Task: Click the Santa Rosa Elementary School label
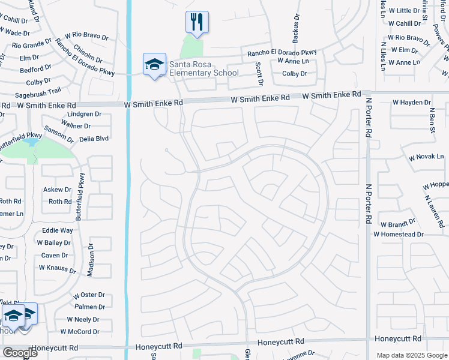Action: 203,68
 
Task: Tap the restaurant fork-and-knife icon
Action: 197,22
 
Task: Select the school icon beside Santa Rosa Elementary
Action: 154,64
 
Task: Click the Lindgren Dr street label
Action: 84,113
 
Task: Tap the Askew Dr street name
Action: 57,189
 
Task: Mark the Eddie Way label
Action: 57,230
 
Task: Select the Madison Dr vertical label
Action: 91,260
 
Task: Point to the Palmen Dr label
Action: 90,307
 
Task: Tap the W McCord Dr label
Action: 80,331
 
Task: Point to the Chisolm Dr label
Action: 88,52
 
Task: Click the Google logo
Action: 20,353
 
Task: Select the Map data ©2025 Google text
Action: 411,355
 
